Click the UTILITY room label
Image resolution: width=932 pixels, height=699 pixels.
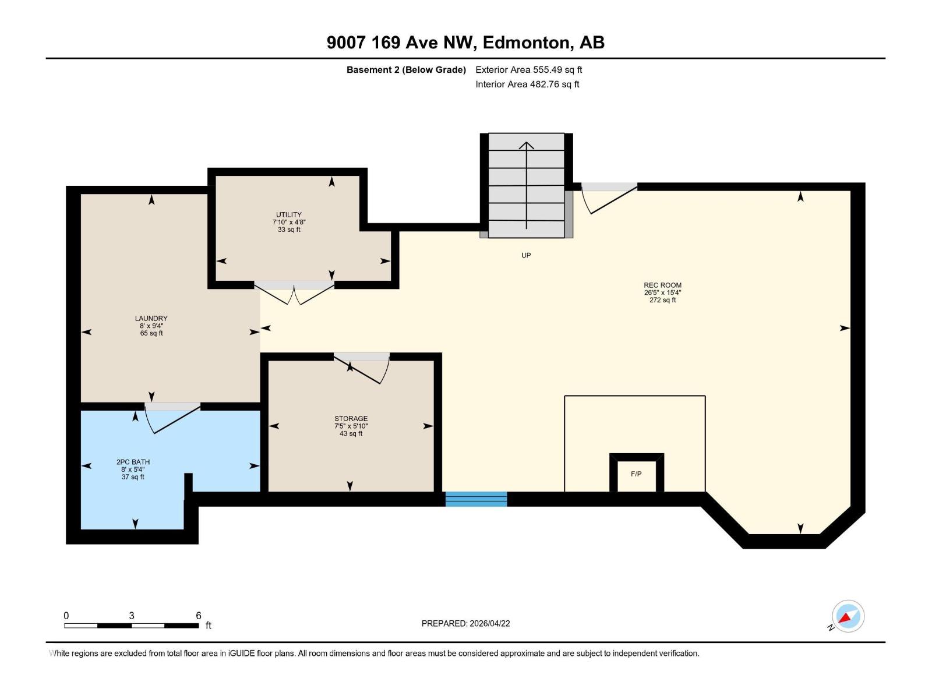289,215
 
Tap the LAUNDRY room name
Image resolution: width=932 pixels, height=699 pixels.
151,319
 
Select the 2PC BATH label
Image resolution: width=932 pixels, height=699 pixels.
133,462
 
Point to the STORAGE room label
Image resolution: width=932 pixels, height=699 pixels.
351,419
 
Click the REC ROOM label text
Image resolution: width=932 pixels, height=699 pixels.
662,285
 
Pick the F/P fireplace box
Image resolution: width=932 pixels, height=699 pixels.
636,474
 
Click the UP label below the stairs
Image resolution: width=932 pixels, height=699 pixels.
526,255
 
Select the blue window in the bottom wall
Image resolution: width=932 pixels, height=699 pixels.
476,499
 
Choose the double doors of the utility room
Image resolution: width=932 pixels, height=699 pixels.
295,293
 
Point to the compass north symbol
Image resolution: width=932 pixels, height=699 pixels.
848,616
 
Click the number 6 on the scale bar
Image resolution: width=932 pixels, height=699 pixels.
198,616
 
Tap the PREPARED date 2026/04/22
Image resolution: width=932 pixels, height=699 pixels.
489,623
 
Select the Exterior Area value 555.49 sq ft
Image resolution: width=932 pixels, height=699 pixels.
557,70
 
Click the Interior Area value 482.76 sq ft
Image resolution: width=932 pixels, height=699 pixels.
554,84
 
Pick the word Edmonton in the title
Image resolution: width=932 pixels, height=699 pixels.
525,43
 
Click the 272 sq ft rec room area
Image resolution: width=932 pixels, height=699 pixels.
662,300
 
